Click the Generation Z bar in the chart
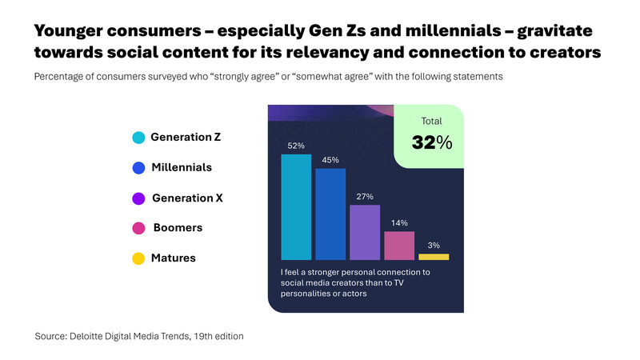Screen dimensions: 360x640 click(x=296, y=207)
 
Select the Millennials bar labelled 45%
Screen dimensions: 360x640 click(x=330, y=214)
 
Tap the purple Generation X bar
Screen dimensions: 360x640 click(x=365, y=233)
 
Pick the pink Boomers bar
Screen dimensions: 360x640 click(x=399, y=246)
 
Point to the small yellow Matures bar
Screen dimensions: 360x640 click(x=434, y=257)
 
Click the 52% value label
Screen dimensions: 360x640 click(x=296, y=146)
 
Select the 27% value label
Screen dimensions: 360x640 click(x=365, y=197)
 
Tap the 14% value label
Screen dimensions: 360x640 click(x=399, y=223)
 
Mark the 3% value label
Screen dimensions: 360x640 click(x=434, y=246)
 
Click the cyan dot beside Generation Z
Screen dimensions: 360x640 click(x=138, y=138)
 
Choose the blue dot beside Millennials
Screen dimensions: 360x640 click(x=138, y=168)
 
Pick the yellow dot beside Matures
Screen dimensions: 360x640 click(x=138, y=258)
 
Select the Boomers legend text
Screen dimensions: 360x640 click(x=177, y=228)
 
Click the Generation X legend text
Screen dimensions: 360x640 click(x=187, y=198)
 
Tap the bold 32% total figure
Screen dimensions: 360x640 click(x=432, y=143)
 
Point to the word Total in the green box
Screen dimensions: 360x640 click(x=433, y=121)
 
